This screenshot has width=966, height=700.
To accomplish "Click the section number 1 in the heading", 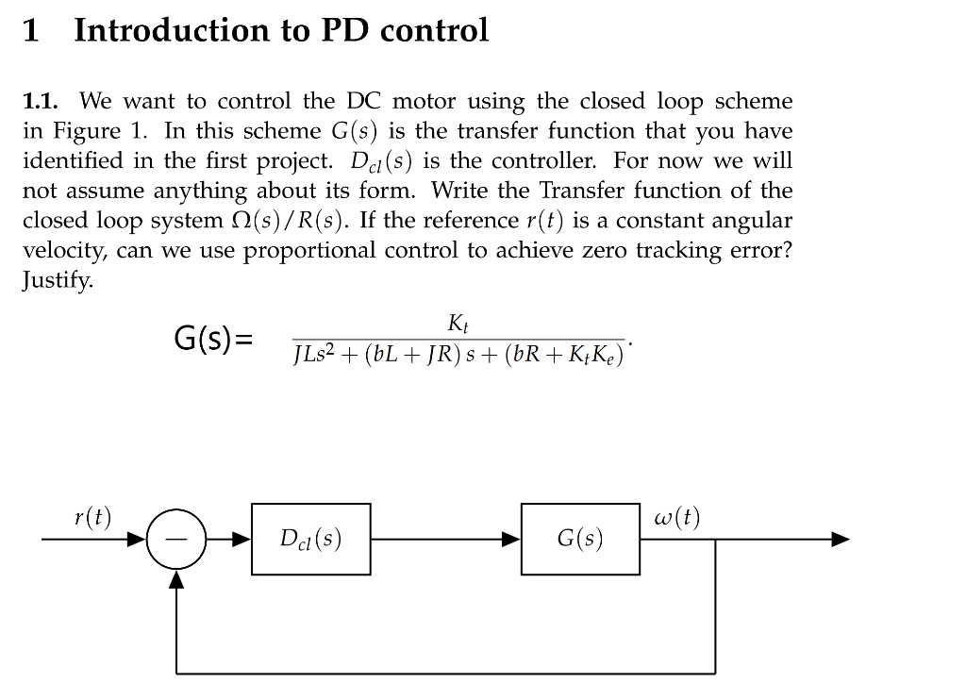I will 30,31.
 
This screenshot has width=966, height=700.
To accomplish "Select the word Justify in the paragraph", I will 58,281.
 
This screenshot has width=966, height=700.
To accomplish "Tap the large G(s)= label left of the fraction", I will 214,337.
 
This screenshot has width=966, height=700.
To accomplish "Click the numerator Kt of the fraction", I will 458,325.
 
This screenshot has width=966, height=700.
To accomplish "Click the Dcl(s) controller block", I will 310,539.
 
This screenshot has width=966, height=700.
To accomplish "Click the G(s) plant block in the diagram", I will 580,539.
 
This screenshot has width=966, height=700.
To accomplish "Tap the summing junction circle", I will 175,540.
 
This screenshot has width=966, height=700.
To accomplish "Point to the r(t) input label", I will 92,517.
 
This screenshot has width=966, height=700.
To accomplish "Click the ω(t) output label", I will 676,518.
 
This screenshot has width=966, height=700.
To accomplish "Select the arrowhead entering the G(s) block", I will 512,540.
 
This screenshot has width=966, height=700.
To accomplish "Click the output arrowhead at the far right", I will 841,540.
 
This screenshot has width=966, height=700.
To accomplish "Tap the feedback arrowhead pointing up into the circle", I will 175,579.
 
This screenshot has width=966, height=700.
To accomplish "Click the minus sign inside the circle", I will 175,540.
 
